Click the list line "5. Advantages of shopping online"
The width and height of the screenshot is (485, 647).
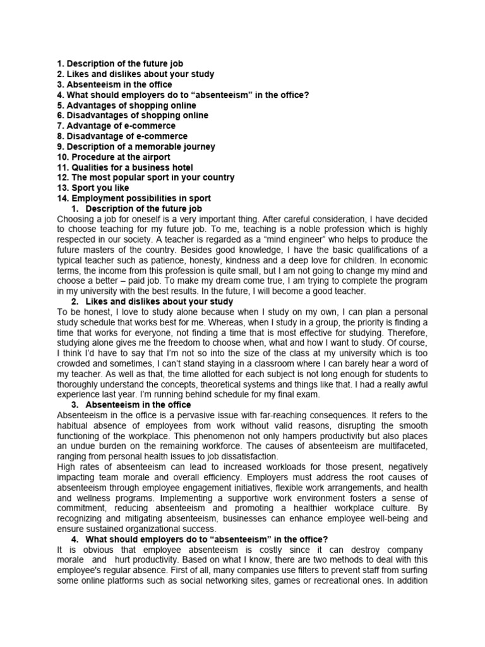(126, 106)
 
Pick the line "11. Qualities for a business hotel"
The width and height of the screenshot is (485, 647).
(126, 167)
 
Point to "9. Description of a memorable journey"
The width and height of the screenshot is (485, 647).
(136, 147)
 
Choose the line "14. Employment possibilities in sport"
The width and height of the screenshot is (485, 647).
(134, 198)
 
